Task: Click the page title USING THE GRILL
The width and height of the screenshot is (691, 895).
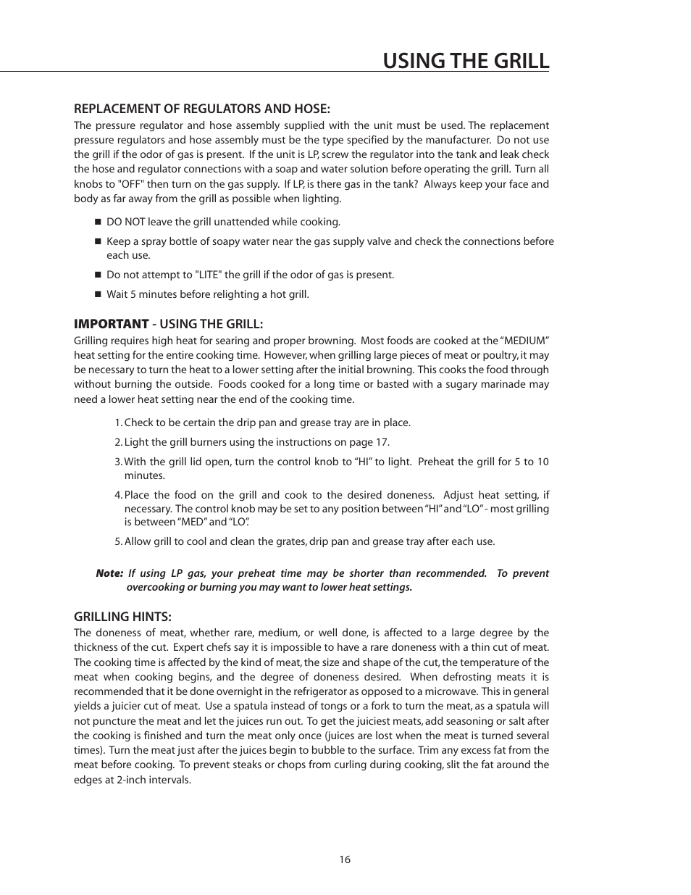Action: coord(466,60)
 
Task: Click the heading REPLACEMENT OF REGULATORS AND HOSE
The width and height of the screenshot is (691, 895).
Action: coord(201,109)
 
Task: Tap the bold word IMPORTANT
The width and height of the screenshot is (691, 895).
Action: coord(111,323)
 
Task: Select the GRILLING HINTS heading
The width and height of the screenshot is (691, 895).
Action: coord(122,617)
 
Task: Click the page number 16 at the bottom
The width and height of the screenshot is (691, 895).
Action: coord(344,859)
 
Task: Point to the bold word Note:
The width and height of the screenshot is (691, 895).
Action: coord(109,573)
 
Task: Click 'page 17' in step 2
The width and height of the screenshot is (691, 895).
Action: coord(371,442)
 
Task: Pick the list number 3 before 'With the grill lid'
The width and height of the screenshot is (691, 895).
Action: coord(117,462)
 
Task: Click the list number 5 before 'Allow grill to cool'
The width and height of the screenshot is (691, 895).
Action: coord(117,541)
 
